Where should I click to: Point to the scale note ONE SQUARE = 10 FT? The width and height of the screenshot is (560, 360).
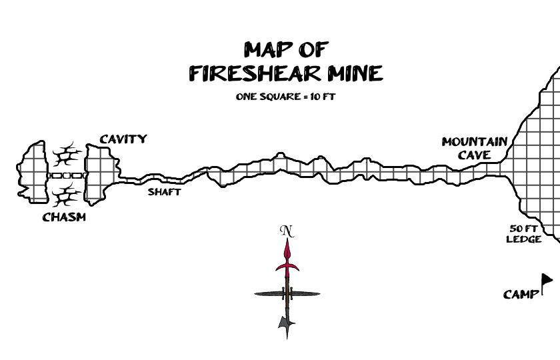(x=285, y=97)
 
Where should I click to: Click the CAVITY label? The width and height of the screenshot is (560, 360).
(x=123, y=139)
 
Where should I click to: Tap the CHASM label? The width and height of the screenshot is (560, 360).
(x=64, y=217)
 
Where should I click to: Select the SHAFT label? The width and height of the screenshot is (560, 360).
(x=164, y=192)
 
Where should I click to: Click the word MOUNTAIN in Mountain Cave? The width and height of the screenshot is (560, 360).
(x=474, y=142)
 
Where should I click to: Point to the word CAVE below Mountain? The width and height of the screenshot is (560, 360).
(x=475, y=155)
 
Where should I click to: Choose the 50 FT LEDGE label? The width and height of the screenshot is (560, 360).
(x=524, y=233)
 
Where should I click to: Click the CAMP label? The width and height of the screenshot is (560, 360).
(x=520, y=294)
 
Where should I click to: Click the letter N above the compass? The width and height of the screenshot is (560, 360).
(x=287, y=231)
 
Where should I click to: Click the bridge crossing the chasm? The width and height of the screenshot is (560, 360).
(x=67, y=175)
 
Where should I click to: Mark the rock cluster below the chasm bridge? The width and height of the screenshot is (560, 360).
(x=67, y=196)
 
